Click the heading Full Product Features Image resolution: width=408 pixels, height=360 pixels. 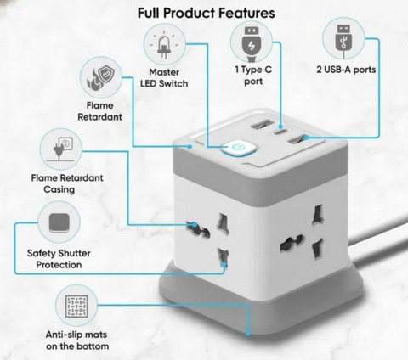(x=206, y=13)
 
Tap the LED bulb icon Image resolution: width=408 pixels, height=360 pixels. (x=164, y=45)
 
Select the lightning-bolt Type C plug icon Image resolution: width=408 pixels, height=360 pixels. (x=252, y=44)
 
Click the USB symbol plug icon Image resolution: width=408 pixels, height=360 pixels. (x=343, y=40)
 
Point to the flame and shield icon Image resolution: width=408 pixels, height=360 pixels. (x=101, y=77)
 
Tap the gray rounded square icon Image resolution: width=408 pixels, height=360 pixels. (x=59, y=222)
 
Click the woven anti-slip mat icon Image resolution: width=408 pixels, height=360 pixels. (x=76, y=307)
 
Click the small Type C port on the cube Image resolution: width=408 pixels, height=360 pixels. (x=280, y=132)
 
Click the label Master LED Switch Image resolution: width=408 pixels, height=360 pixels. (x=164, y=78)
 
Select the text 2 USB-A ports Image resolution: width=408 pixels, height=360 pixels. (x=346, y=70)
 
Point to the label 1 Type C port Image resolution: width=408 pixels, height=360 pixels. (x=253, y=76)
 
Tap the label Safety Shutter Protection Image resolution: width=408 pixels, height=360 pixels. (x=59, y=259)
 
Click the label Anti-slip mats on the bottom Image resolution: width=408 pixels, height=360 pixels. (x=77, y=340)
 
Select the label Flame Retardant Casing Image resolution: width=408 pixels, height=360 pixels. (x=67, y=183)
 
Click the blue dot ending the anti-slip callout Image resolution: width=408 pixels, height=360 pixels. (x=248, y=334)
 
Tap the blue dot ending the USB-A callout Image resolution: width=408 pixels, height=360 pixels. (x=306, y=138)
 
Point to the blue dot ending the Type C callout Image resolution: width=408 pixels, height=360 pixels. (x=280, y=127)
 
